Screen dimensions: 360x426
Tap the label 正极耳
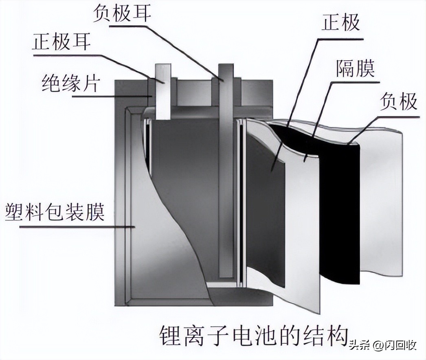pyautogui.click(x=61, y=42)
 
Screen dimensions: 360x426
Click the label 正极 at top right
pyautogui.click(x=340, y=23)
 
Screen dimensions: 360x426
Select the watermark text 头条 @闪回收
pyautogui.click(x=382, y=346)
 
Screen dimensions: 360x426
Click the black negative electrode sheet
pyautogui.click(x=339, y=212)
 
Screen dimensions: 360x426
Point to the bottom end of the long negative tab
pyautogui.click(x=225, y=273)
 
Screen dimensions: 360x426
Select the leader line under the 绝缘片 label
pyautogui.click(x=90, y=97)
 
